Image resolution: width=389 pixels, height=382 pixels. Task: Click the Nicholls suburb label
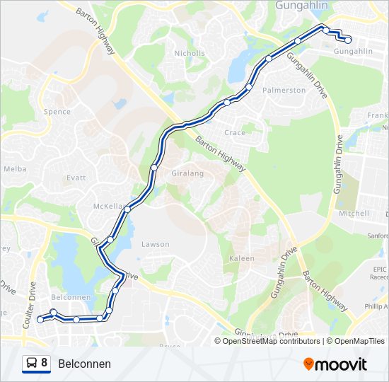click(x=189, y=53)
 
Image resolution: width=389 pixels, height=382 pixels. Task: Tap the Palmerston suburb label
click(x=284, y=91)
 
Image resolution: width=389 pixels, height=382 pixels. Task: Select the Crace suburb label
click(x=234, y=133)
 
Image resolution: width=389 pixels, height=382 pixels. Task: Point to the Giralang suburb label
click(x=187, y=173)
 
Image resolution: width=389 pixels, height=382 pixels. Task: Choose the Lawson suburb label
click(x=155, y=244)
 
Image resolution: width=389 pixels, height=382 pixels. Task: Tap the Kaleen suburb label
click(x=241, y=258)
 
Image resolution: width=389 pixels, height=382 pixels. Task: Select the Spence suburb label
click(x=57, y=112)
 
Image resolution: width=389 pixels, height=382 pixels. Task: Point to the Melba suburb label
click(x=15, y=169)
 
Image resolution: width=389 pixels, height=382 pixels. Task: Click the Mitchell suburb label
click(x=354, y=213)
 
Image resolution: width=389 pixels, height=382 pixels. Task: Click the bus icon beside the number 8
click(x=32, y=364)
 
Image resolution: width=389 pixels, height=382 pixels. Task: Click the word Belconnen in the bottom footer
click(x=84, y=364)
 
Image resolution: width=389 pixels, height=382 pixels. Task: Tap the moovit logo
click(x=335, y=364)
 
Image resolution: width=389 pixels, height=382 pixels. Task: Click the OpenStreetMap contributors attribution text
click(x=270, y=341)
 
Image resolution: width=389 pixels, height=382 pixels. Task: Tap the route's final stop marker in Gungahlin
click(x=348, y=40)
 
